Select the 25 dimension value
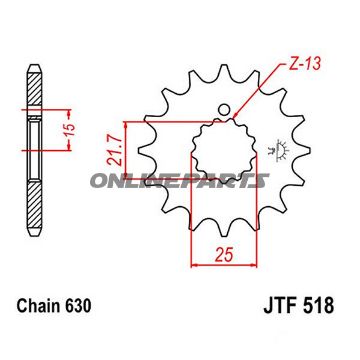click(224, 255)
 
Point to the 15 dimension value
click(70, 130)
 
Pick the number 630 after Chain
click(78, 306)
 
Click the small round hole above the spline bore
click(224, 109)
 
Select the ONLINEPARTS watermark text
click(179, 181)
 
